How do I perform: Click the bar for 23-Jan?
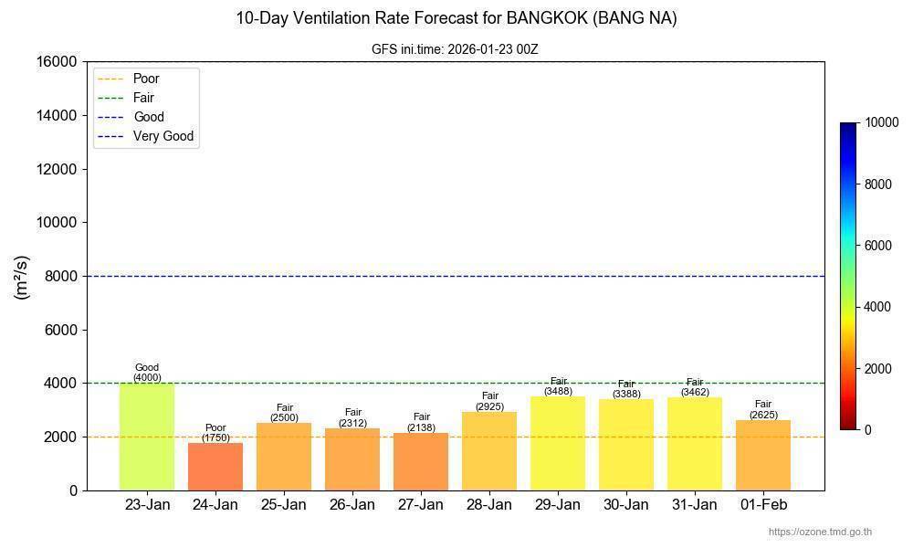(146, 437)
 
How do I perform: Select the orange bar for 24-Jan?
(215, 467)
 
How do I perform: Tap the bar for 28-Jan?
(489, 451)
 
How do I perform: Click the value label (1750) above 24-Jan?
(215, 437)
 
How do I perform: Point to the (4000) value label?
(147, 377)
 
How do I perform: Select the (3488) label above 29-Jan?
(558, 391)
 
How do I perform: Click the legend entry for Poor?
(145, 79)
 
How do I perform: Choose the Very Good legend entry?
(163, 136)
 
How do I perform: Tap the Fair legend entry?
(143, 98)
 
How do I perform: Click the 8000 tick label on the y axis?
(60, 276)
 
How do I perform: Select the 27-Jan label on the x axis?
(421, 505)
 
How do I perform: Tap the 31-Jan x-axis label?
(695, 505)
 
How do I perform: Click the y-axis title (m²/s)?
(22, 277)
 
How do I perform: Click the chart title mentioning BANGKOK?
(456, 18)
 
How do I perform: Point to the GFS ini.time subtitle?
(455, 49)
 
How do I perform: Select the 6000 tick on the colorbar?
(877, 246)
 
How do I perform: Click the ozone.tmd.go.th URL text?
(820, 532)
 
